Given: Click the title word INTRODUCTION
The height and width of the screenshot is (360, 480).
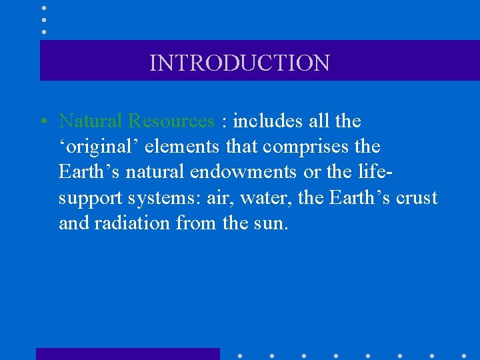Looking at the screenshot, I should coord(239,63).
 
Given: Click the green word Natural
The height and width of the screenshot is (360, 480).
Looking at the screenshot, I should coord(91,121).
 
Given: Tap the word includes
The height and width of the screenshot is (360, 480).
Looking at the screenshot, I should coord(265,121).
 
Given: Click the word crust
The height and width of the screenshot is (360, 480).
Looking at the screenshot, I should coord(417,198).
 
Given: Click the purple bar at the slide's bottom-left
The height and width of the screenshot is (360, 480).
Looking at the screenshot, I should coord(127,353).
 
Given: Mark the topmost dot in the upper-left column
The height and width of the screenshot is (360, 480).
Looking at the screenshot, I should coord(43,7).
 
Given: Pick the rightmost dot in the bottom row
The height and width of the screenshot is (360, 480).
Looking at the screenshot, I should coord(463,355).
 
